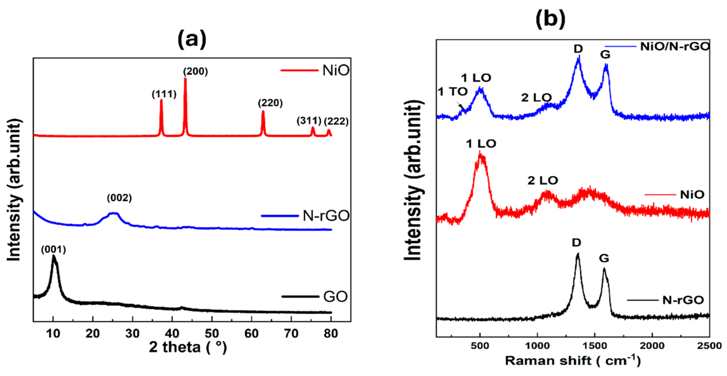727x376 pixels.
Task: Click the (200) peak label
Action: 195,72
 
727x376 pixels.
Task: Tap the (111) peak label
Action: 164,94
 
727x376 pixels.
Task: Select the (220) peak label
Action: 270,103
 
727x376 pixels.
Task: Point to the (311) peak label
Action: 309,121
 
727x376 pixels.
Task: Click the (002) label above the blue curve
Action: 119,198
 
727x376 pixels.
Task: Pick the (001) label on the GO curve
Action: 53,249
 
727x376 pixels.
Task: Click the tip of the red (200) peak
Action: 185,78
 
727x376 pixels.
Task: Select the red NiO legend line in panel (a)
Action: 299,70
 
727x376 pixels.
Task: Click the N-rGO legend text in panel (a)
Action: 326,216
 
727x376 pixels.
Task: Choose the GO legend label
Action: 335,297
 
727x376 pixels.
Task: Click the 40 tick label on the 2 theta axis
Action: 172,334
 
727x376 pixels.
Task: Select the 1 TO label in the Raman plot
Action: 452,92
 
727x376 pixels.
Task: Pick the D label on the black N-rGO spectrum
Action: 576,243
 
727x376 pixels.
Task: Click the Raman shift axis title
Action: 573,361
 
